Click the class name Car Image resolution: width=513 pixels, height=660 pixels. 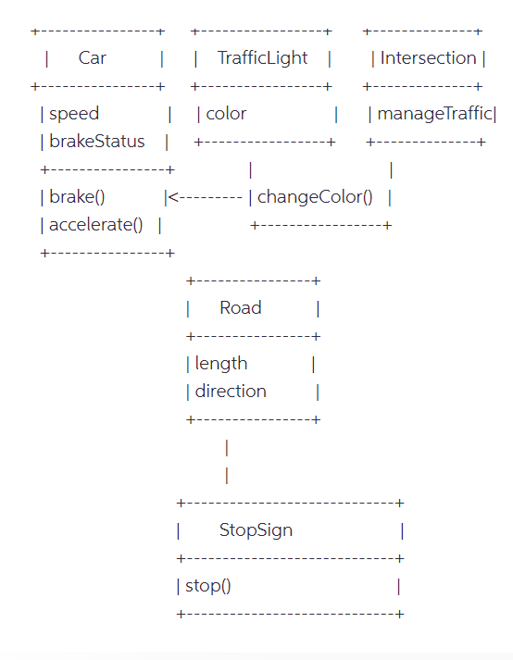click(x=93, y=58)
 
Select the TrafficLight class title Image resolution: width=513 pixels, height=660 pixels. click(x=262, y=58)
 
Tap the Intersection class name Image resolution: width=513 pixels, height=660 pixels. click(x=428, y=58)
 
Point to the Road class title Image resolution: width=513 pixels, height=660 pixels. click(x=240, y=308)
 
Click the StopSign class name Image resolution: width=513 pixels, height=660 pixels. click(x=256, y=530)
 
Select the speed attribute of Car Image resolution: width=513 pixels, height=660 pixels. click(x=74, y=114)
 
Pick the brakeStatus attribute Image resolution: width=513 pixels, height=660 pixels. click(x=96, y=142)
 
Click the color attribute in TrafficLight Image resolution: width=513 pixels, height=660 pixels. click(x=226, y=114)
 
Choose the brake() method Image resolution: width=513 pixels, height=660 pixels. click(x=77, y=197)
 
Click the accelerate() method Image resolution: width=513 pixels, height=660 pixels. click(x=96, y=225)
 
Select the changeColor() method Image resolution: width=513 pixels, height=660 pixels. click(x=315, y=197)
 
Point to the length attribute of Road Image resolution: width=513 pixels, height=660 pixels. click(x=221, y=364)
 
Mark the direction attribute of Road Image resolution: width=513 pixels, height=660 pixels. click(x=231, y=392)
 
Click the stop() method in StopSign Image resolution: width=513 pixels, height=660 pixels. click(x=208, y=586)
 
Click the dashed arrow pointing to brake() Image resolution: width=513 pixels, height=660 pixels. click(x=208, y=197)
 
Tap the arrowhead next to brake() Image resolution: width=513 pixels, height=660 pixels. click(x=173, y=197)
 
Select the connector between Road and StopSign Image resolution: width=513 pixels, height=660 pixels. click(x=227, y=461)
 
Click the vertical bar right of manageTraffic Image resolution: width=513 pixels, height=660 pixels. click(x=495, y=114)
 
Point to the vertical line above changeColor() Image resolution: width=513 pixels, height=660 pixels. click(x=251, y=169)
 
